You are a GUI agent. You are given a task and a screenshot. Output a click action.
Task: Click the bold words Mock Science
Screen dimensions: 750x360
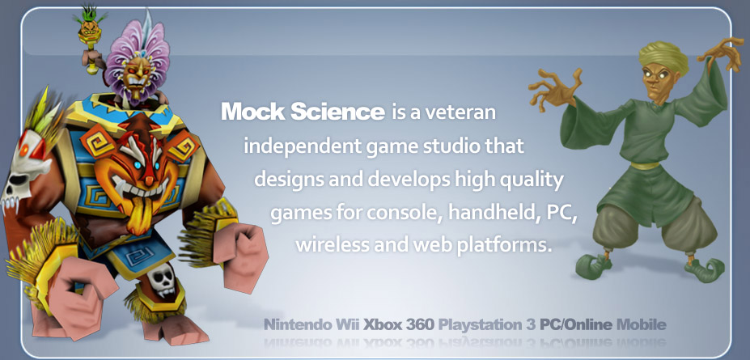(303, 112)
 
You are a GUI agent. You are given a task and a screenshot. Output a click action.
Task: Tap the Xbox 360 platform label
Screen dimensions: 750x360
(398, 325)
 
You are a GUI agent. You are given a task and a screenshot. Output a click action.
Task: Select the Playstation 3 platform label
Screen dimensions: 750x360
(487, 325)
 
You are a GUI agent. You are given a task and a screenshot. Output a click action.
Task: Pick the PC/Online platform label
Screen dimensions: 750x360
(576, 325)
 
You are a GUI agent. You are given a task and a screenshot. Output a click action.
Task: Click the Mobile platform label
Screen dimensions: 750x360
(641, 325)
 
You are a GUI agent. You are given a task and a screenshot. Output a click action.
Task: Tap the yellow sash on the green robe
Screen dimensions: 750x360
(645, 166)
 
